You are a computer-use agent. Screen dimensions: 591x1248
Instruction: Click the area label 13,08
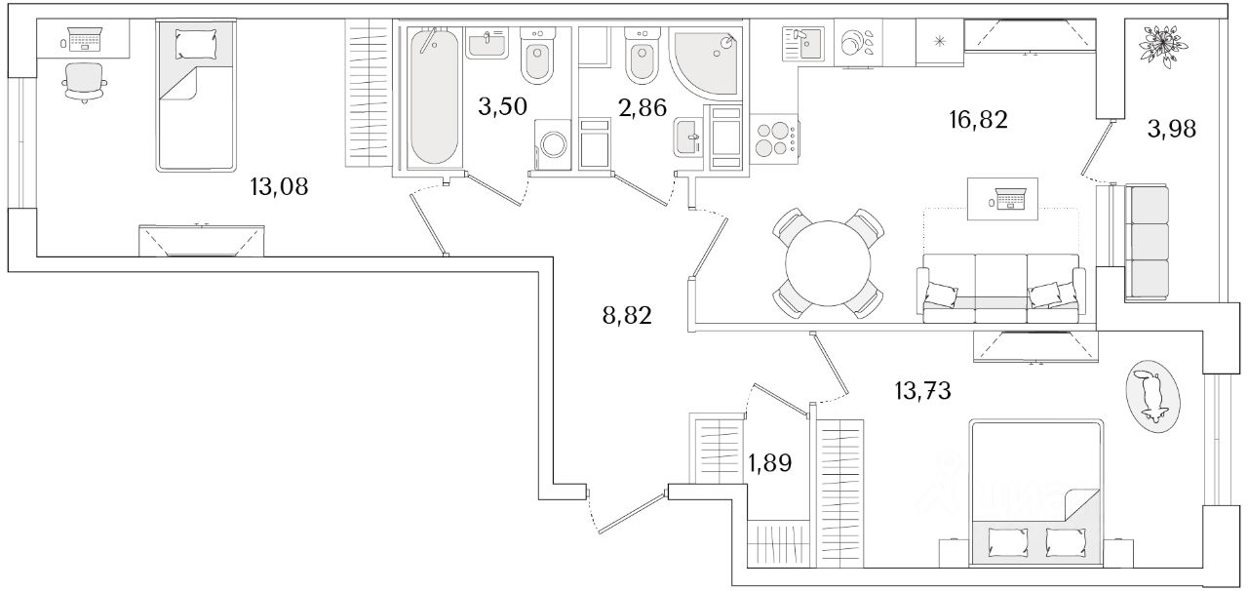coord(279,187)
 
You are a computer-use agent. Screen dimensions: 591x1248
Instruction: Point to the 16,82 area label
coord(977,120)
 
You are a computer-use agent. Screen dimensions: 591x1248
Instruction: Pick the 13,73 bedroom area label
coord(921,391)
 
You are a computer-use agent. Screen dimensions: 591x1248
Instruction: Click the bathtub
coord(433,98)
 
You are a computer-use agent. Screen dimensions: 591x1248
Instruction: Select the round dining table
coord(829,263)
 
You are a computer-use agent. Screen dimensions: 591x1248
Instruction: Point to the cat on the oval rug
coord(1153,395)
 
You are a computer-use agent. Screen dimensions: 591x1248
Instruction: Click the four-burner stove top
coord(771,137)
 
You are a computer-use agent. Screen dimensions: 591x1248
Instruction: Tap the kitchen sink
coord(802,44)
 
